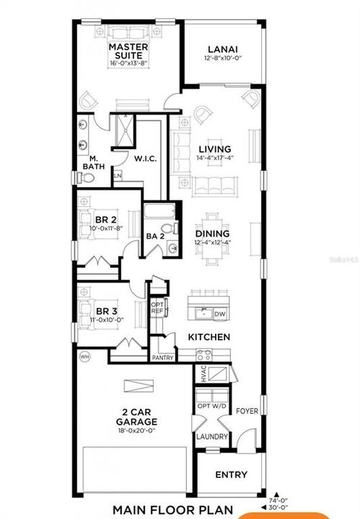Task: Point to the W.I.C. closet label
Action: point(146,158)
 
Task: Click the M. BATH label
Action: point(95,162)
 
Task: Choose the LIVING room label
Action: point(215,150)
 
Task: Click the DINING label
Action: point(213,234)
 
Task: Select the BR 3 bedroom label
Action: point(105,312)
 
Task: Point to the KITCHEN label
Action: point(209,337)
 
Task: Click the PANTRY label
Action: point(162,358)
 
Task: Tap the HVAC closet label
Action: point(203,376)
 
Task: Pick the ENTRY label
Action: point(231,475)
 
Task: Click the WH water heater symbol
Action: point(84,357)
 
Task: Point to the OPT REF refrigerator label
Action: point(158,307)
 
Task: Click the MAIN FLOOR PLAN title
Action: point(173,510)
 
